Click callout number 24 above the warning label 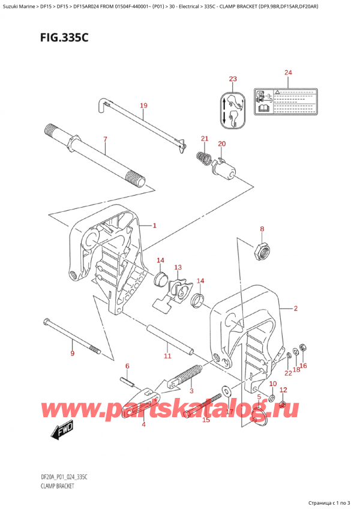click(288, 73)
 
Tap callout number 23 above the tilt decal click(233, 79)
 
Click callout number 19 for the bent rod click(143, 106)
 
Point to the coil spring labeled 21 click(204, 160)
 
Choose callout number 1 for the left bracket click(154, 226)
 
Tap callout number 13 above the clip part click(178, 267)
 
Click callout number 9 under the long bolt click(73, 354)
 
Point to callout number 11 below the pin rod click(167, 356)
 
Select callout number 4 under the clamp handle click(143, 425)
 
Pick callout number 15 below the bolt click(206, 420)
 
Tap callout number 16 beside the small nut click(304, 365)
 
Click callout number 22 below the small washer click(288, 373)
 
